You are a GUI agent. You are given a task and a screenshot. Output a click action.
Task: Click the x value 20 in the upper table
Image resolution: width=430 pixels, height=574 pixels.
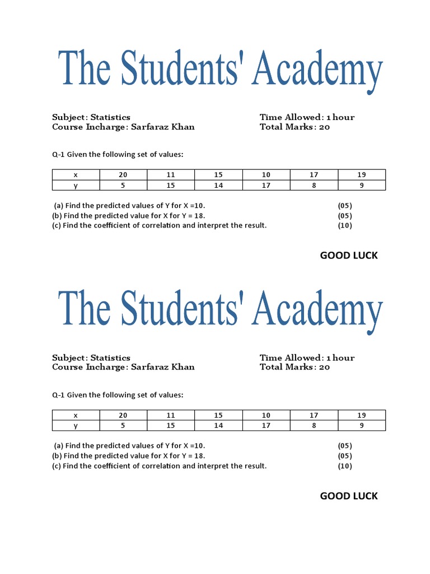pyautogui.click(x=123, y=175)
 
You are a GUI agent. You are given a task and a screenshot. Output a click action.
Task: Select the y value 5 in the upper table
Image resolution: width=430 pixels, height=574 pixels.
pyautogui.click(x=123, y=185)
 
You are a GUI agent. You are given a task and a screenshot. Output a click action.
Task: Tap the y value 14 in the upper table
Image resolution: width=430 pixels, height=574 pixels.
pyautogui.click(x=218, y=185)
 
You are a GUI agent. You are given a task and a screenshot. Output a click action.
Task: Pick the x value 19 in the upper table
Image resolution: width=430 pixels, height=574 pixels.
pyautogui.click(x=361, y=175)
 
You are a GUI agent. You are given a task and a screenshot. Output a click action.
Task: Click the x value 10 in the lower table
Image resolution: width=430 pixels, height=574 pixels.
pyautogui.click(x=266, y=415)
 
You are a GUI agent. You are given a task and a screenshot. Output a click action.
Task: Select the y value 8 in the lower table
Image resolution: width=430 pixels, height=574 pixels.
pyautogui.click(x=314, y=425)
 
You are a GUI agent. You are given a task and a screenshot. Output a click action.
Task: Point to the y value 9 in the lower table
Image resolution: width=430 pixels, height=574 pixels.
pyautogui.click(x=361, y=425)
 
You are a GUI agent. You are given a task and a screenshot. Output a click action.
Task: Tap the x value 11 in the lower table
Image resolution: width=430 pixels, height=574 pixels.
pyautogui.click(x=171, y=415)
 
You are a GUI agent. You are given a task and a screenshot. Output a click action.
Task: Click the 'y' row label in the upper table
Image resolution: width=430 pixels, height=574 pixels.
pyautogui.click(x=76, y=186)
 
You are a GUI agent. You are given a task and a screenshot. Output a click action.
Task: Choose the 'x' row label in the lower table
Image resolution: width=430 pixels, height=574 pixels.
pyautogui.click(x=76, y=415)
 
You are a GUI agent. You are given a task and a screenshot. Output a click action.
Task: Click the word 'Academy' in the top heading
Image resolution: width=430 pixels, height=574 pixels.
pyautogui.click(x=317, y=70)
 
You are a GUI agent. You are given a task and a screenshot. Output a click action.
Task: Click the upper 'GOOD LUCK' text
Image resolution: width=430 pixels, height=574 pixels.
pyautogui.click(x=349, y=256)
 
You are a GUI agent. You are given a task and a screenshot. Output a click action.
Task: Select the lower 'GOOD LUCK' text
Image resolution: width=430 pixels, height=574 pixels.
pyautogui.click(x=349, y=496)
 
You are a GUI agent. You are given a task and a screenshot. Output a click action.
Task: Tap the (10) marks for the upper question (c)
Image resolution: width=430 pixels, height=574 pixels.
pyautogui.click(x=345, y=226)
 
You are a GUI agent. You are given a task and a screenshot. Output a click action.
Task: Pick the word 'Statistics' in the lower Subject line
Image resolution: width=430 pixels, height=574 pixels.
pyautogui.click(x=110, y=358)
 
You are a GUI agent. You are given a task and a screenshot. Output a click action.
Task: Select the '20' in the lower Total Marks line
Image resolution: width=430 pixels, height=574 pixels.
pyautogui.click(x=324, y=367)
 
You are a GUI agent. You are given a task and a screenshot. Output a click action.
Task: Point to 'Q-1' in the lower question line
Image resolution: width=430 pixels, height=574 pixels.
pyautogui.click(x=58, y=395)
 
